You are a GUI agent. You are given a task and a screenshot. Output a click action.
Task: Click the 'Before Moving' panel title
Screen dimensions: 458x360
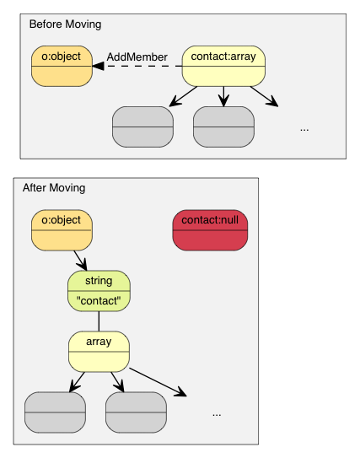(65, 24)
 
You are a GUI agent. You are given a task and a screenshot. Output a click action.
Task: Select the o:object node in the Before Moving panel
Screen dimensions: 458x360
(62, 66)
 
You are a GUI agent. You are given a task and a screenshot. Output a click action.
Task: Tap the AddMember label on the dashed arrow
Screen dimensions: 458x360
(137, 57)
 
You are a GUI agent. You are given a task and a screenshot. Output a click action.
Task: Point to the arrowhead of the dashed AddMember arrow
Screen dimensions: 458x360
(98, 66)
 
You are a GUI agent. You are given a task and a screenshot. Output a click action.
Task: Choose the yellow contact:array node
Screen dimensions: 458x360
(223, 66)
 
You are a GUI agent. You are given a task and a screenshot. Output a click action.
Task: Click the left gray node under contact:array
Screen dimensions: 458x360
(142, 127)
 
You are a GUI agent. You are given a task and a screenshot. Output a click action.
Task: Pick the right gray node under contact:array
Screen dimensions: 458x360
(223, 127)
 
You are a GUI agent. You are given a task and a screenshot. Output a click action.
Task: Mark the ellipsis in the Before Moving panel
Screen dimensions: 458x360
(304, 129)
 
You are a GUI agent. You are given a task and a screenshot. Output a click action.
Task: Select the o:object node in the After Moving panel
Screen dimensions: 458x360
(62, 229)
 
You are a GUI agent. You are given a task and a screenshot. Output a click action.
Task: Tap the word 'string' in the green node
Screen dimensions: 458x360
(99, 281)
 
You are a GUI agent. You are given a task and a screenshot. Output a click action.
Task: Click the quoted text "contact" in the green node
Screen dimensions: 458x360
(99, 300)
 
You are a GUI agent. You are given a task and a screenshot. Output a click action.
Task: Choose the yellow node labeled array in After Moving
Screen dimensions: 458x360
(99, 352)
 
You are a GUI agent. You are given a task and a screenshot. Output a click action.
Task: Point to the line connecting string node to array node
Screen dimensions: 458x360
(99, 321)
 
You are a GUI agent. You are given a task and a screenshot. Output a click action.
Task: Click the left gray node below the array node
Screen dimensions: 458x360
(55, 412)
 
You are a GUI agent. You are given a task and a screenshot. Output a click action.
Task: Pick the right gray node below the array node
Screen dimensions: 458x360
(136, 412)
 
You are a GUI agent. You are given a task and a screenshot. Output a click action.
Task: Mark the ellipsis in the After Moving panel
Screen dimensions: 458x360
(217, 414)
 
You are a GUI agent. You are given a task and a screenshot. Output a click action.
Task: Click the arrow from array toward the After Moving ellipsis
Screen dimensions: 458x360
(158, 381)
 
